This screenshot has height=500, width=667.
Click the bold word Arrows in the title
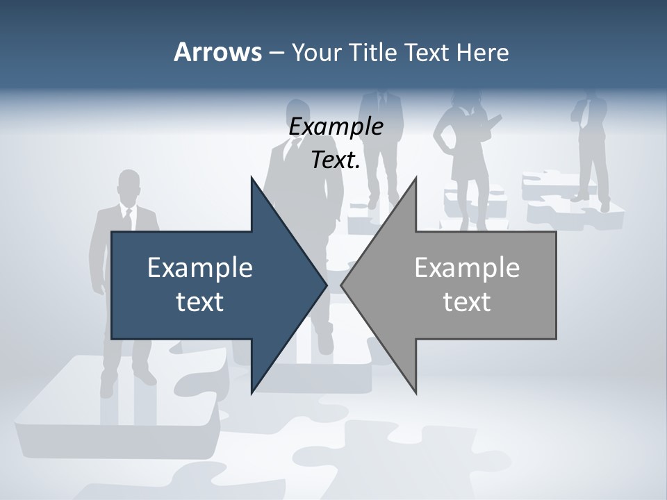[x=217, y=52]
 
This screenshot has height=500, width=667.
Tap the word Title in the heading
[x=373, y=52]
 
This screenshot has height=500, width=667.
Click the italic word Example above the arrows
[x=336, y=127]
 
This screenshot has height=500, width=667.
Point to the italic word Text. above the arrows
[x=336, y=160]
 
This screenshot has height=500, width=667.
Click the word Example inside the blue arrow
[x=200, y=268]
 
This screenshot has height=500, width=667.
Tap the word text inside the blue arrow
[x=200, y=302]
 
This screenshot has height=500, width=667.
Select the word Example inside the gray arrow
[x=467, y=268]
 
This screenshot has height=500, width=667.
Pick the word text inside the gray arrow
[x=467, y=302]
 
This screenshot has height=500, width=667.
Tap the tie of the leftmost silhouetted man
[x=128, y=219]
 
